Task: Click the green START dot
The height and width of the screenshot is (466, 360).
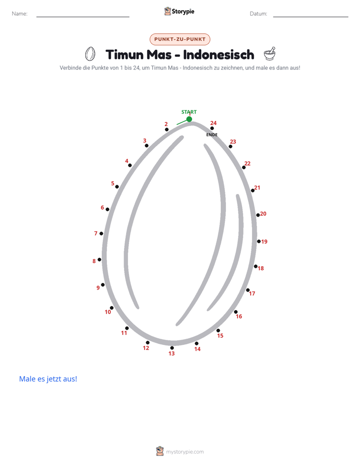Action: click(x=189, y=119)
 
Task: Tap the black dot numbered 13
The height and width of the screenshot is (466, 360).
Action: click(x=172, y=347)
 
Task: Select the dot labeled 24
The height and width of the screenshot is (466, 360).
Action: click(x=212, y=129)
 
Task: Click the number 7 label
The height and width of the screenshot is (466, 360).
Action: click(x=96, y=234)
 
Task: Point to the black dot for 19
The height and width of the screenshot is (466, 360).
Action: click(x=259, y=241)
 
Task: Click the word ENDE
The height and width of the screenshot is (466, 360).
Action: click(x=212, y=135)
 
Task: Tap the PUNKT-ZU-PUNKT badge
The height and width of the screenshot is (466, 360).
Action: click(x=180, y=39)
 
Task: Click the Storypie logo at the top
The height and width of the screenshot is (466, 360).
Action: click(x=179, y=11)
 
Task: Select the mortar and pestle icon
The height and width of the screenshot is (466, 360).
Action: click(x=270, y=54)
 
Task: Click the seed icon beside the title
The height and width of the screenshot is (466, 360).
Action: click(x=90, y=54)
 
